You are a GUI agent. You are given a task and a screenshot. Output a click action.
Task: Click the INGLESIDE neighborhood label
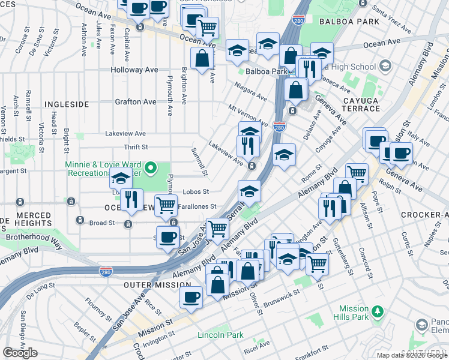[66, 104]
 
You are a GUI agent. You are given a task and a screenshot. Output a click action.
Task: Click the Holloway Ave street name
[134, 70]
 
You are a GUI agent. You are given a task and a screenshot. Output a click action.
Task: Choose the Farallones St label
[196, 206]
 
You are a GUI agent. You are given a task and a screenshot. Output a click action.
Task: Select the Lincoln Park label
[219, 334]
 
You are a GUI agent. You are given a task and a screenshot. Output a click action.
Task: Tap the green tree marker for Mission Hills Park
[378, 311]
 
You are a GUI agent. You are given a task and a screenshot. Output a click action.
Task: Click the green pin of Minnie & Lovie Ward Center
[151, 169]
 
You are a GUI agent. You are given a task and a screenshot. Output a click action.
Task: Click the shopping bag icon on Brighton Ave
[202, 59]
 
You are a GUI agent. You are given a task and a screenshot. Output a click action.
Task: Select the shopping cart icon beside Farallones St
[166, 206]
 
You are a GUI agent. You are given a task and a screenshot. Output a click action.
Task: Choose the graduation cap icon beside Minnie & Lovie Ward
[121, 178]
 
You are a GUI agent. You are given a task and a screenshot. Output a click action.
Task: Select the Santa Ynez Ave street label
[391, 11]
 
